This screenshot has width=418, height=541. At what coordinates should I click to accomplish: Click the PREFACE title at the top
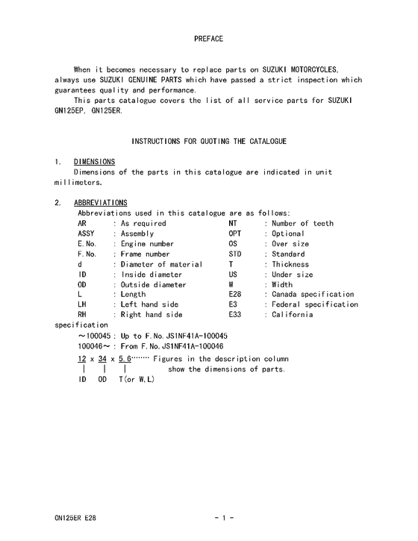208,38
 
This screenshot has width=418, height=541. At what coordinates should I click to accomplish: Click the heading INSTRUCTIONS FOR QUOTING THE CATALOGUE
208,141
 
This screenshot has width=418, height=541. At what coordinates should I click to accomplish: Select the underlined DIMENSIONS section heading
94,162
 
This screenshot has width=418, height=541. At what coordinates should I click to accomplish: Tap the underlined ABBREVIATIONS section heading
101,203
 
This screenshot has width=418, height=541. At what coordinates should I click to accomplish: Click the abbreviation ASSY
87,234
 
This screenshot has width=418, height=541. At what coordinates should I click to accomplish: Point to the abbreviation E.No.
87,244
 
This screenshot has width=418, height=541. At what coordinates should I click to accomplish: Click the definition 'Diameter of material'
161,264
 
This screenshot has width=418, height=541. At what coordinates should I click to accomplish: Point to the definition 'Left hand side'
152,304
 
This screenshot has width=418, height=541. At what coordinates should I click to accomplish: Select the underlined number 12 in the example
83,359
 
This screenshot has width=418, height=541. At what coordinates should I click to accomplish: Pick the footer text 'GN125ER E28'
75,516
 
